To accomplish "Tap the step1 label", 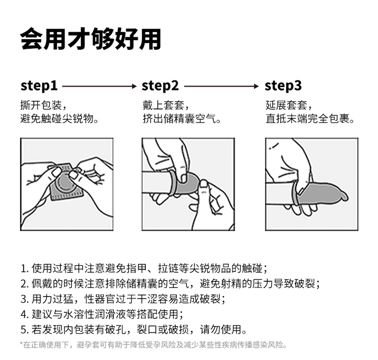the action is pyautogui.click(x=39, y=86).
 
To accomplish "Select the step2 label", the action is pyautogui.click(x=160, y=86).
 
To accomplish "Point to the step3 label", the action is pyautogui.click(x=283, y=86).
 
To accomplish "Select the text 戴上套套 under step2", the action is pyautogui.click(x=164, y=105).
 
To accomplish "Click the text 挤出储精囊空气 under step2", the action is pyautogui.click(x=179, y=119).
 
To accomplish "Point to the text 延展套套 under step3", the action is pyautogui.click(x=287, y=105).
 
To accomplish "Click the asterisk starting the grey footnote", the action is pyautogui.click(x=21, y=344).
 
